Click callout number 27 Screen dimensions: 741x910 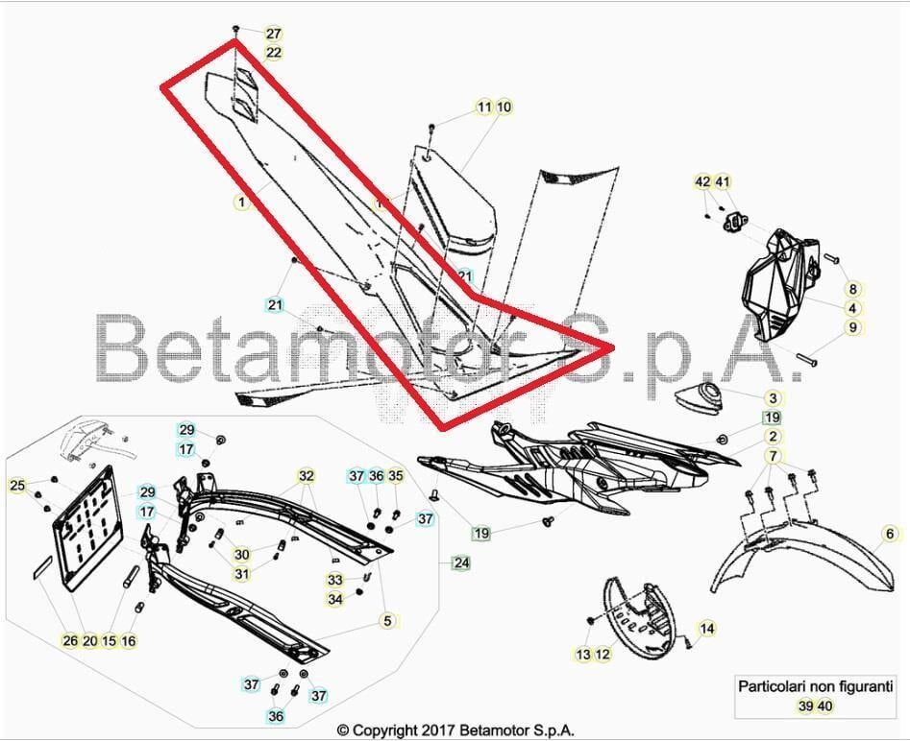tap(274, 34)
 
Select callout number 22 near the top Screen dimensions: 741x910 tap(274, 53)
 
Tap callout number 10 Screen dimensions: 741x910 tap(504, 107)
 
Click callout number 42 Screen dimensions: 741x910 tap(702, 181)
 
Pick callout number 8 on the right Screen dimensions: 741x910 tap(852, 288)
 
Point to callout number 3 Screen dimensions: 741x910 tap(773, 397)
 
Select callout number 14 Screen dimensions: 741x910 tap(707, 630)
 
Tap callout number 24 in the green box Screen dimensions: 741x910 tap(462, 563)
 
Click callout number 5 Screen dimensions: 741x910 tap(387, 621)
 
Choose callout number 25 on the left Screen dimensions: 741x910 tap(17, 486)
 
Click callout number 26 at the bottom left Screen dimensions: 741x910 tap(70, 641)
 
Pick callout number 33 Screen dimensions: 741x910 tap(334, 580)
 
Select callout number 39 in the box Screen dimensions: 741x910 tap(805, 706)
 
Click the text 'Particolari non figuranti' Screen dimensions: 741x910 tap(815, 686)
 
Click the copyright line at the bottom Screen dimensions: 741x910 tap(455, 730)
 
